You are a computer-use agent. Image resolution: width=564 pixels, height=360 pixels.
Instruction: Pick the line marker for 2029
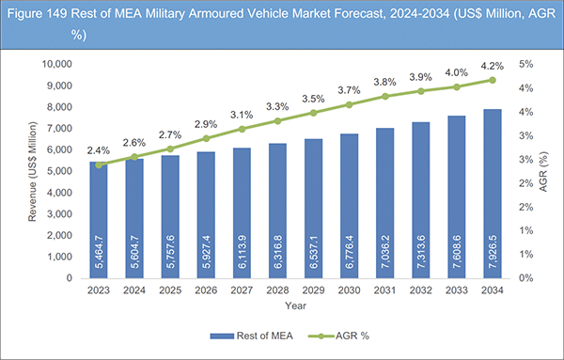click(313, 113)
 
